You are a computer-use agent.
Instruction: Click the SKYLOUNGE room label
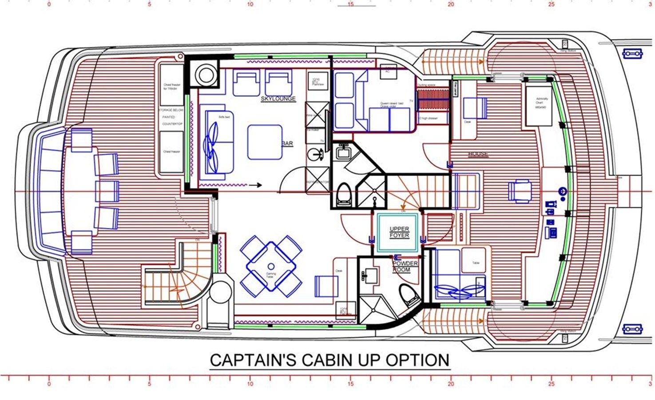[278, 99]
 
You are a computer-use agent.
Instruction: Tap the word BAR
[287, 144]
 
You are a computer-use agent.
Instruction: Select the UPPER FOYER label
[399, 232]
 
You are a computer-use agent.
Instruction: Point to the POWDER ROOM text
[405, 267]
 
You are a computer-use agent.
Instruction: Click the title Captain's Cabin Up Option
[329, 360]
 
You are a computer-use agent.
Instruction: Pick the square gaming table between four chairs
[271, 266]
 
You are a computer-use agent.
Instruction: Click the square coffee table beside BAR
[265, 142]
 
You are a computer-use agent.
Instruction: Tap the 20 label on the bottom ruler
[451, 384]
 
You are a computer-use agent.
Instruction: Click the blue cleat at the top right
[633, 54]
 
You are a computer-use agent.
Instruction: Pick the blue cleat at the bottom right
[633, 329]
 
